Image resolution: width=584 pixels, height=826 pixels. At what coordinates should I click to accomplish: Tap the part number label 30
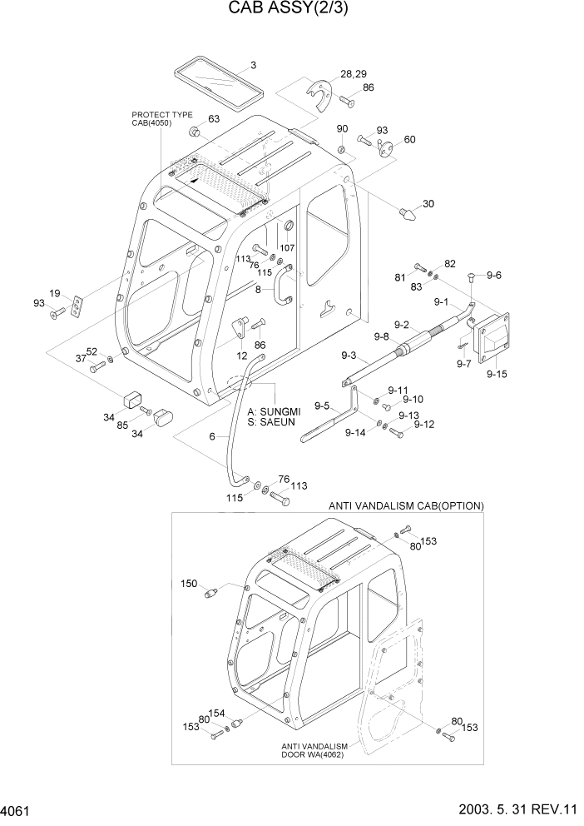428,204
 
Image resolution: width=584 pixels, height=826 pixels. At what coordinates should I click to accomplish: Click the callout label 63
214,119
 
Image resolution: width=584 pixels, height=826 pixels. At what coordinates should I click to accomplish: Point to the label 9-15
497,375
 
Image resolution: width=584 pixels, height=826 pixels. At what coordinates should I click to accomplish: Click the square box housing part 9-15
492,337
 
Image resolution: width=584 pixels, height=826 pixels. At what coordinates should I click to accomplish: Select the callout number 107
287,246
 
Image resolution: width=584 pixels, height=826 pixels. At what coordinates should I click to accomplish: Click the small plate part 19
77,306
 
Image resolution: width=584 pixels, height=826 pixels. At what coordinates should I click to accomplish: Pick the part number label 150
190,583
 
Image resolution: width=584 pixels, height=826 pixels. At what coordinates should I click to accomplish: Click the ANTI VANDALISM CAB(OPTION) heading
406,505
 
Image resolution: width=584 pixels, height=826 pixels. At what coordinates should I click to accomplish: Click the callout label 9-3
347,356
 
